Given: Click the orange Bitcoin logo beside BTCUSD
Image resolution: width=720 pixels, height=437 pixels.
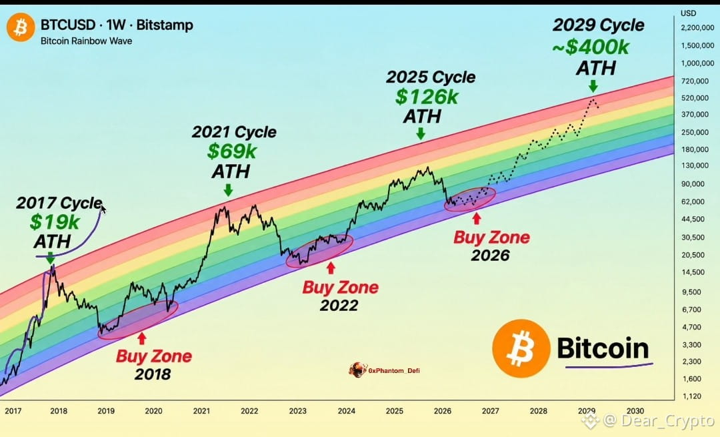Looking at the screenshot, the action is coord(21,27).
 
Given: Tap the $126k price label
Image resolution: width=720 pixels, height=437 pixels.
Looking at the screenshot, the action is coord(427,97).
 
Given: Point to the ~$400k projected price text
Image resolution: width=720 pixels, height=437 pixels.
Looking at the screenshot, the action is coord(591,47).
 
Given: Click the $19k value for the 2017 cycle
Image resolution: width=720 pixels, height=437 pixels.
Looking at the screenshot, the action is coord(55,222).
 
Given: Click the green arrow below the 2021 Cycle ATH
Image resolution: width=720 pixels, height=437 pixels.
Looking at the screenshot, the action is coord(228,189).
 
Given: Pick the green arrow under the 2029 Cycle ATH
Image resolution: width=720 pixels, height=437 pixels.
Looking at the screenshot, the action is coord(593,86).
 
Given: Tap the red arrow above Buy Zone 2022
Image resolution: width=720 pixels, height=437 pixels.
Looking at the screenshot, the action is coord(331,268).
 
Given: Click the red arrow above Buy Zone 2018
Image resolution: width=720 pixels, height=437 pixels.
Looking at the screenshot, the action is coord(142,339).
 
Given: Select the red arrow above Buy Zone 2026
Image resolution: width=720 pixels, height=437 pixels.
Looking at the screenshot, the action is coord(477,217).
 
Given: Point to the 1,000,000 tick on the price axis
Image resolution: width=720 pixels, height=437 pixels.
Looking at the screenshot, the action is coord(697,63).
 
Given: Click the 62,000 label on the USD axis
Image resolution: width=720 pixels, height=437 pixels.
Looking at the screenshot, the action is coord(693,201).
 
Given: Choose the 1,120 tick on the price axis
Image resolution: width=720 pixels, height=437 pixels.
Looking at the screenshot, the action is coord(691,396).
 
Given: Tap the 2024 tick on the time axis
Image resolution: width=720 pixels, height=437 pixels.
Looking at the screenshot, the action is coord(346,411).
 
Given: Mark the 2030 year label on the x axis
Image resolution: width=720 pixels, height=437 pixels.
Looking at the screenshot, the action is coord(635,411).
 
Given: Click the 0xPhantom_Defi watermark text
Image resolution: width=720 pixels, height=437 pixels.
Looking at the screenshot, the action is coord(394,371).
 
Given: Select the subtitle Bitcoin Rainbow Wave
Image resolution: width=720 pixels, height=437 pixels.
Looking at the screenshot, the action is coord(86,41).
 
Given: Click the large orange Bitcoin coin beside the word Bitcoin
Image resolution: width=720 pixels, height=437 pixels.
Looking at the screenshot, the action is coord(521,348).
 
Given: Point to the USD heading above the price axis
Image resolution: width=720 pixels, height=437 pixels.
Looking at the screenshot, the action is coord(688,13).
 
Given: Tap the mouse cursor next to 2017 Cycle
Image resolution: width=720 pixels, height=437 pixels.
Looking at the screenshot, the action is coord(103,209).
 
